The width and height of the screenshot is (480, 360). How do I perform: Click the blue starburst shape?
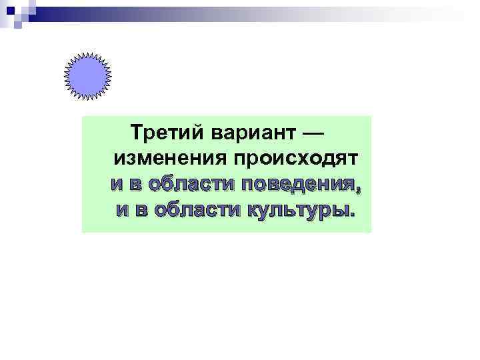click(x=87, y=76)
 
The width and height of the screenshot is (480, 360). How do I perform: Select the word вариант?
click(x=251, y=133)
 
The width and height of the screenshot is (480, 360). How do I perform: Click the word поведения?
click(x=300, y=185)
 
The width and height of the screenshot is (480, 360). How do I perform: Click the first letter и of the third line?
click(x=117, y=185)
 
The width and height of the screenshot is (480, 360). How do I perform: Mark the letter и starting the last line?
click(x=123, y=210)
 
